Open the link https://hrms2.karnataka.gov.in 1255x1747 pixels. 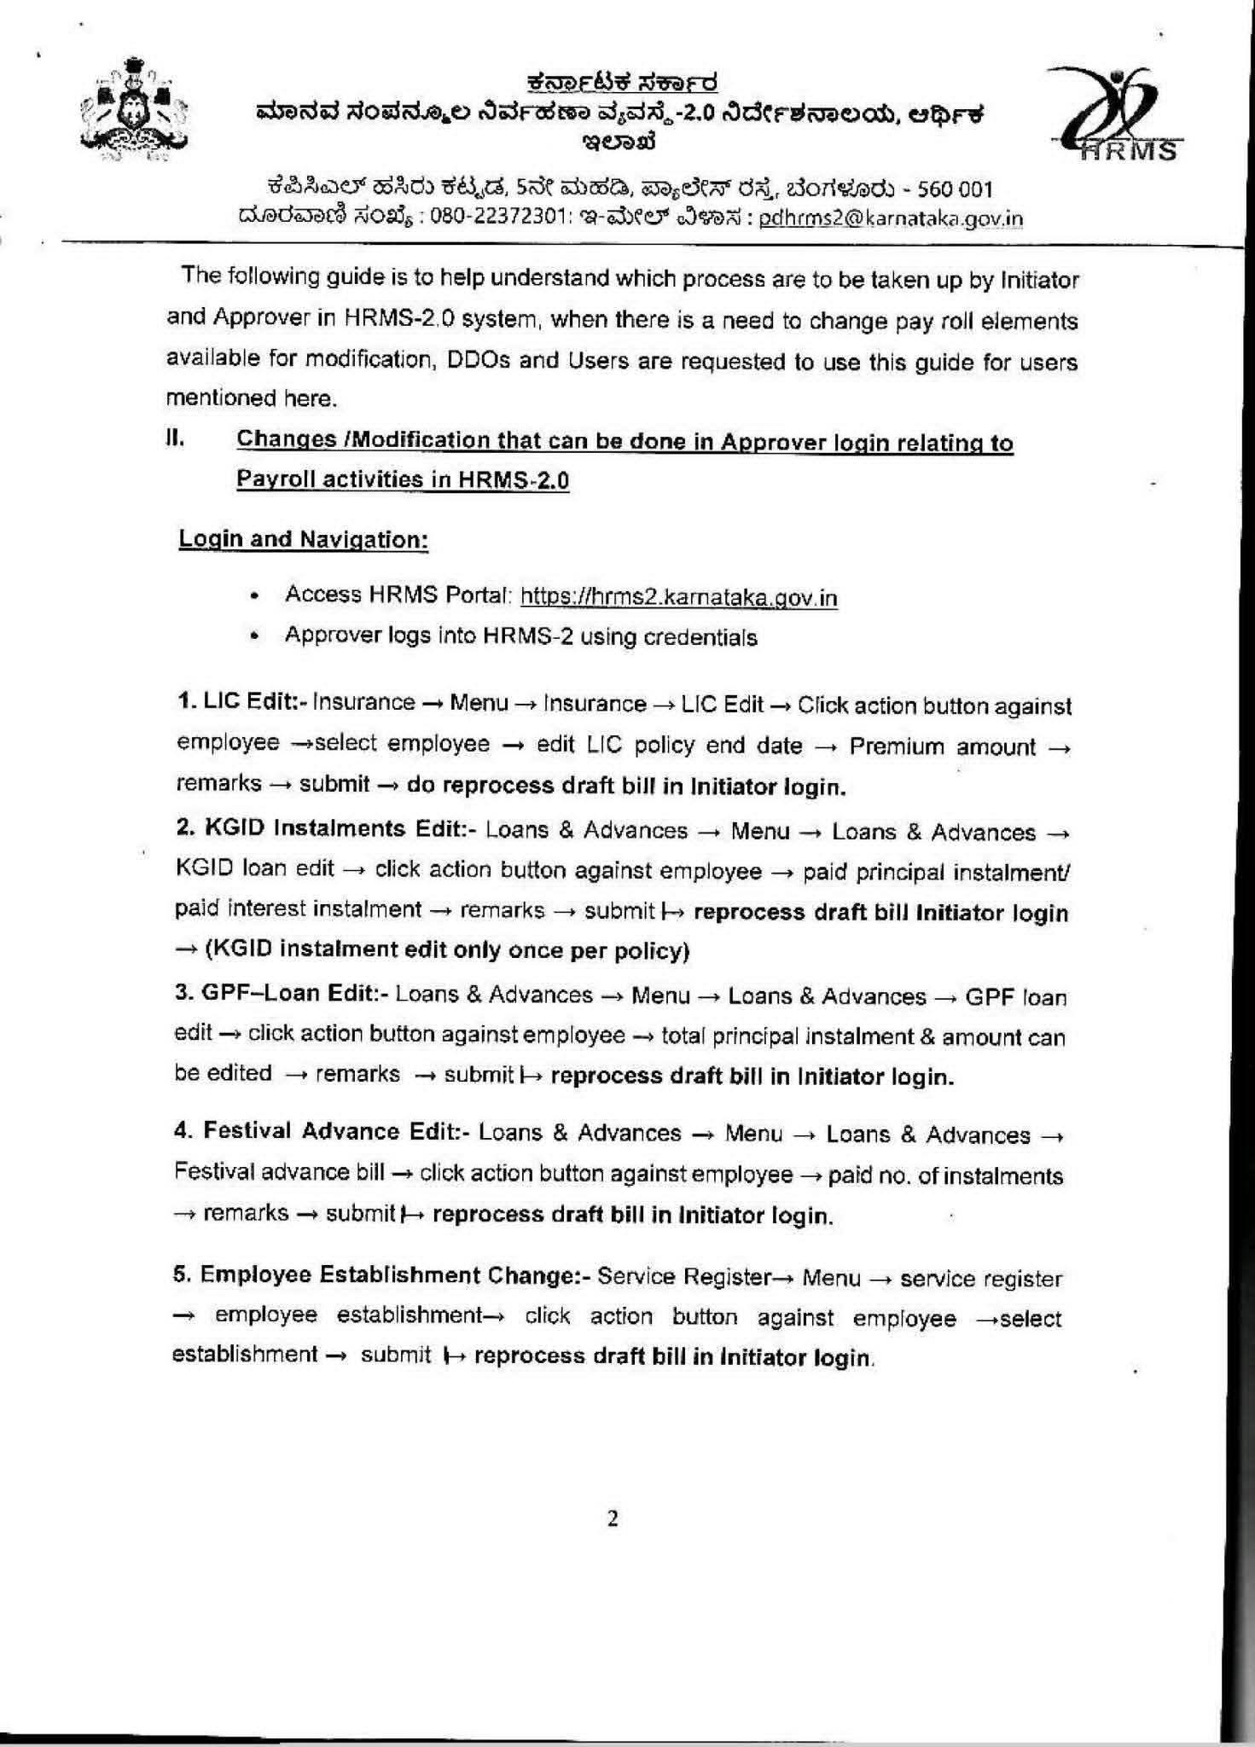[x=678, y=597]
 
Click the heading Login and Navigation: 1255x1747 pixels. [x=303, y=540]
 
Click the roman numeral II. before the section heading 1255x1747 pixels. [x=175, y=439]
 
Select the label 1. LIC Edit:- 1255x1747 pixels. [x=241, y=702]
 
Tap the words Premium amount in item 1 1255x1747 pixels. [x=942, y=747]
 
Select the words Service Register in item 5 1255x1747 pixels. [x=684, y=1277]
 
